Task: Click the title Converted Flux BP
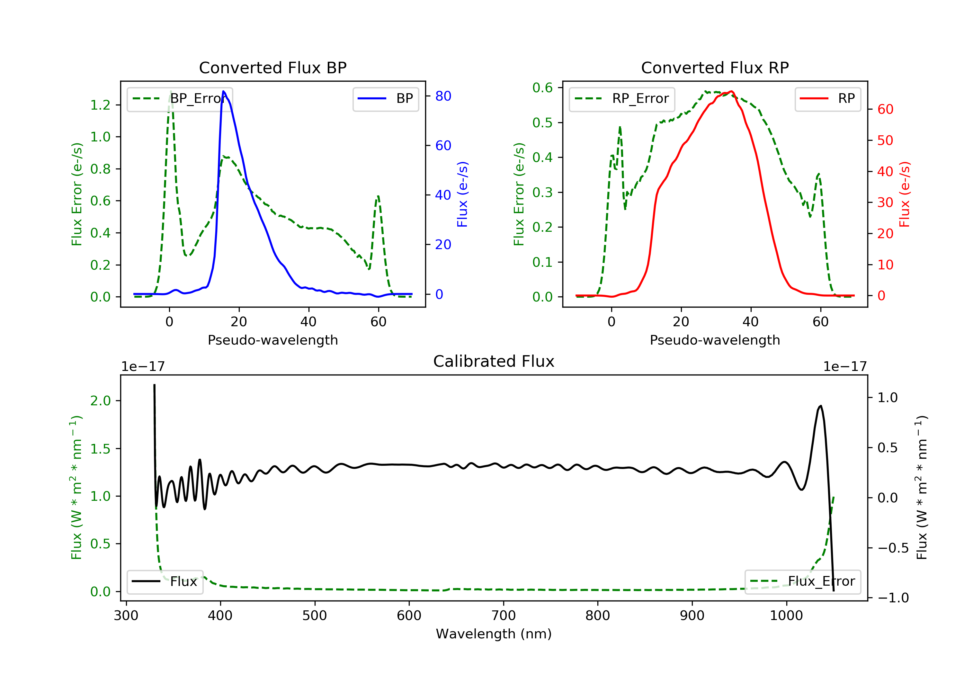[x=272, y=67]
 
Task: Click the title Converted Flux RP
[x=715, y=67]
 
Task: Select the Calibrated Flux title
[x=494, y=361]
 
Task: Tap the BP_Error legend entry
[x=179, y=99]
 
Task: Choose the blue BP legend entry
[x=385, y=99]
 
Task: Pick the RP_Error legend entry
[x=621, y=99]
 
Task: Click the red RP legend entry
[x=827, y=99]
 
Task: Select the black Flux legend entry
[x=165, y=581]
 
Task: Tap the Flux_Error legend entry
[x=802, y=581]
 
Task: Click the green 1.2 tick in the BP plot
[x=100, y=105]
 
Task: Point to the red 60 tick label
[x=886, y=109]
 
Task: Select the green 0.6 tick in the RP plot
[x=542, y=87]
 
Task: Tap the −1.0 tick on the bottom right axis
[x=893, y=598]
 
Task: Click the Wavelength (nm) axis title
[x=494, y=634]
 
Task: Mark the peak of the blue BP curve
[x=223, y=91]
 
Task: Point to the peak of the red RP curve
[x=731, y=91]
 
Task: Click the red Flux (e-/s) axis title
[x=904, y=194]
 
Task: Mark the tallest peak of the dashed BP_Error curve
[x=170, y=91]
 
